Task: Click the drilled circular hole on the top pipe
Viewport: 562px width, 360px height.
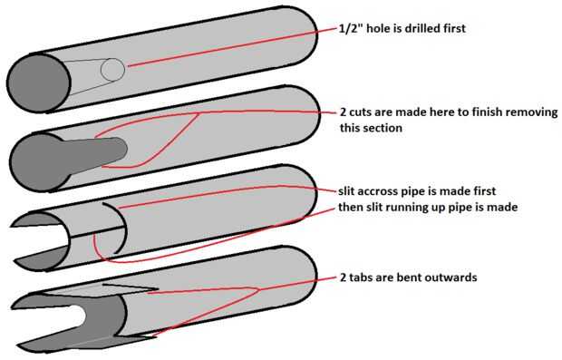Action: (x=113, y=70)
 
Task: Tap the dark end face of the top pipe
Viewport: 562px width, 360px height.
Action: (x=39, y=83)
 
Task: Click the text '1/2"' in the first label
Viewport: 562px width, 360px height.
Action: (x=352, y=28)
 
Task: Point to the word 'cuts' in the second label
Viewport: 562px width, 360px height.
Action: (x=361, y=112)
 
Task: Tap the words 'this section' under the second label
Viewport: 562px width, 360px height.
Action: (x=371, y=128)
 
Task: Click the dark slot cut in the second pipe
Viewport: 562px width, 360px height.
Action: (x=97, y=153)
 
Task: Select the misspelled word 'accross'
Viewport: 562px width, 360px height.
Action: (x=377, y=191)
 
